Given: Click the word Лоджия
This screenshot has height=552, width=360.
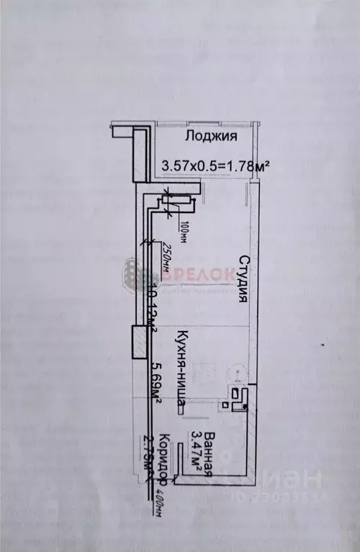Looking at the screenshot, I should point(211,137).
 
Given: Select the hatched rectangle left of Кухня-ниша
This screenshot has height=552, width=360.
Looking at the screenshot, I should point(137,343).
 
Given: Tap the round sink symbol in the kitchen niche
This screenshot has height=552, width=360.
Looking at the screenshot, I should point(235,374).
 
